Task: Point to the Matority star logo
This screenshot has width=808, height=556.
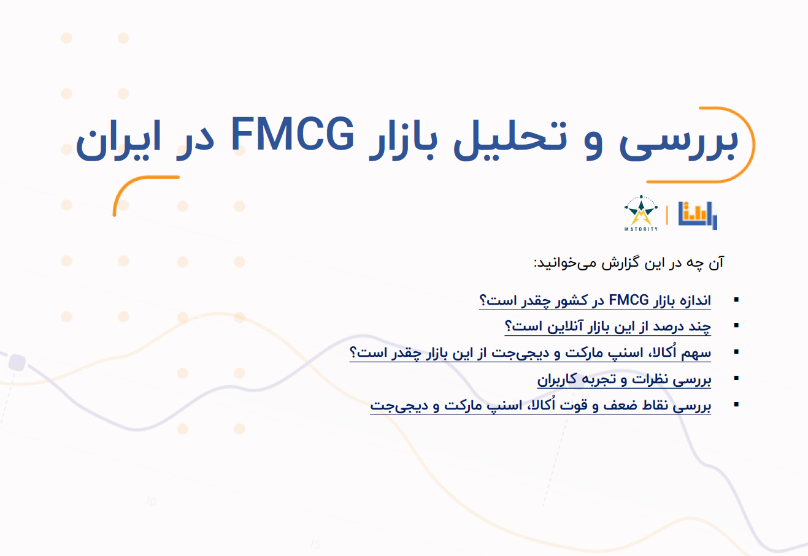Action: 641,213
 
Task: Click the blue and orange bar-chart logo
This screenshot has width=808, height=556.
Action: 698,215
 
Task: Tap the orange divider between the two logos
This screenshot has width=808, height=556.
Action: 667,215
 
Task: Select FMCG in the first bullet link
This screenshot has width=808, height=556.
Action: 628,300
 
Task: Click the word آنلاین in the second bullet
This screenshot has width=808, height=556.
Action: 565,327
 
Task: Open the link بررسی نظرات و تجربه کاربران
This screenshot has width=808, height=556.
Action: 624,379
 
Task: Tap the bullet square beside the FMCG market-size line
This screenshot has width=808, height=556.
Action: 737,299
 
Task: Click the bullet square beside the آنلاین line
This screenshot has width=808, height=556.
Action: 737,326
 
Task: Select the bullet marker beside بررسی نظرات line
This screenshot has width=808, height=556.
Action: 737,378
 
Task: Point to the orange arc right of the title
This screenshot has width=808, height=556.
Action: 753,144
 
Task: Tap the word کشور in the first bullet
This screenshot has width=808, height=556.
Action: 571,300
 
